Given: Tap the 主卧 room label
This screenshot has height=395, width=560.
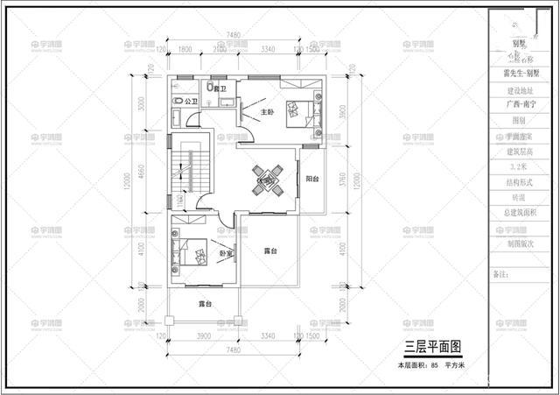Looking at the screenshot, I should click(x=248, y=111).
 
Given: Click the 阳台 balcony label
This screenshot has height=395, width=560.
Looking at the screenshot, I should click(x=312, y=179).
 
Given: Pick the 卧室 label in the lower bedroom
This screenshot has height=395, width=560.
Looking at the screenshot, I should click(x=226, y=254).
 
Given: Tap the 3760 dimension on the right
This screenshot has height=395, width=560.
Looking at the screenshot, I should click(x=342, y=180).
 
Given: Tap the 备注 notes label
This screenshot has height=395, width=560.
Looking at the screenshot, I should click(x=501, y=274).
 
